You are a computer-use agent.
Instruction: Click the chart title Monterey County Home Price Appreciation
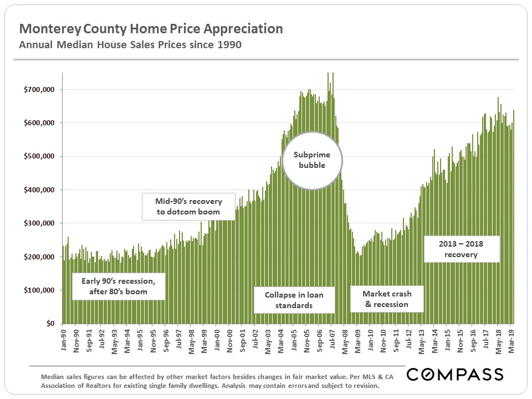(x=151, y=29)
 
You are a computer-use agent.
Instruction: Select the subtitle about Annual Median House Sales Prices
(x=130, y=45)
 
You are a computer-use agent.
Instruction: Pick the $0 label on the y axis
(x=50, y=324)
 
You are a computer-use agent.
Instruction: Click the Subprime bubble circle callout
(x=313, y=159)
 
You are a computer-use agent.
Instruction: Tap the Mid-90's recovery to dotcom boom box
(x=188, y=206)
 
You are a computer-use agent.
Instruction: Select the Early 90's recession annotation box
(x=119, y=286)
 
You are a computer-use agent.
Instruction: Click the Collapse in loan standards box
(x=294, y=300)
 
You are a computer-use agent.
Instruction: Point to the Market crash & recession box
(x=387, y=299)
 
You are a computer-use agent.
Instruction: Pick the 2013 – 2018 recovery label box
(x=461, y=249)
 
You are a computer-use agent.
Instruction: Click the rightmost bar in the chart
(x=514, y=216)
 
